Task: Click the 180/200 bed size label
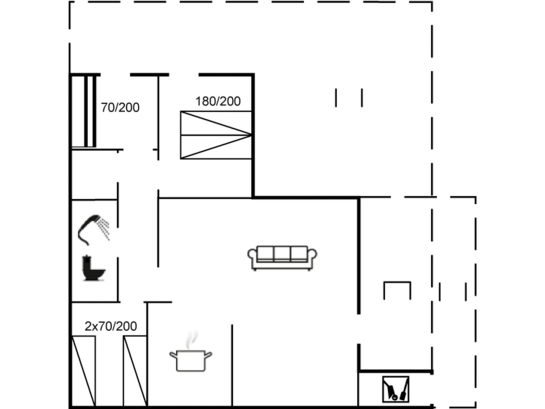pyautogui.click(x=218, y=101)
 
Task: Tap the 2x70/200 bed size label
pyautogui.click(x=111, y=326)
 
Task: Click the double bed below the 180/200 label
pyautogui.click(x=216, y=135)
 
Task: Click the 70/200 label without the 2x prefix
pyautogui.click(x=120, y=108)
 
